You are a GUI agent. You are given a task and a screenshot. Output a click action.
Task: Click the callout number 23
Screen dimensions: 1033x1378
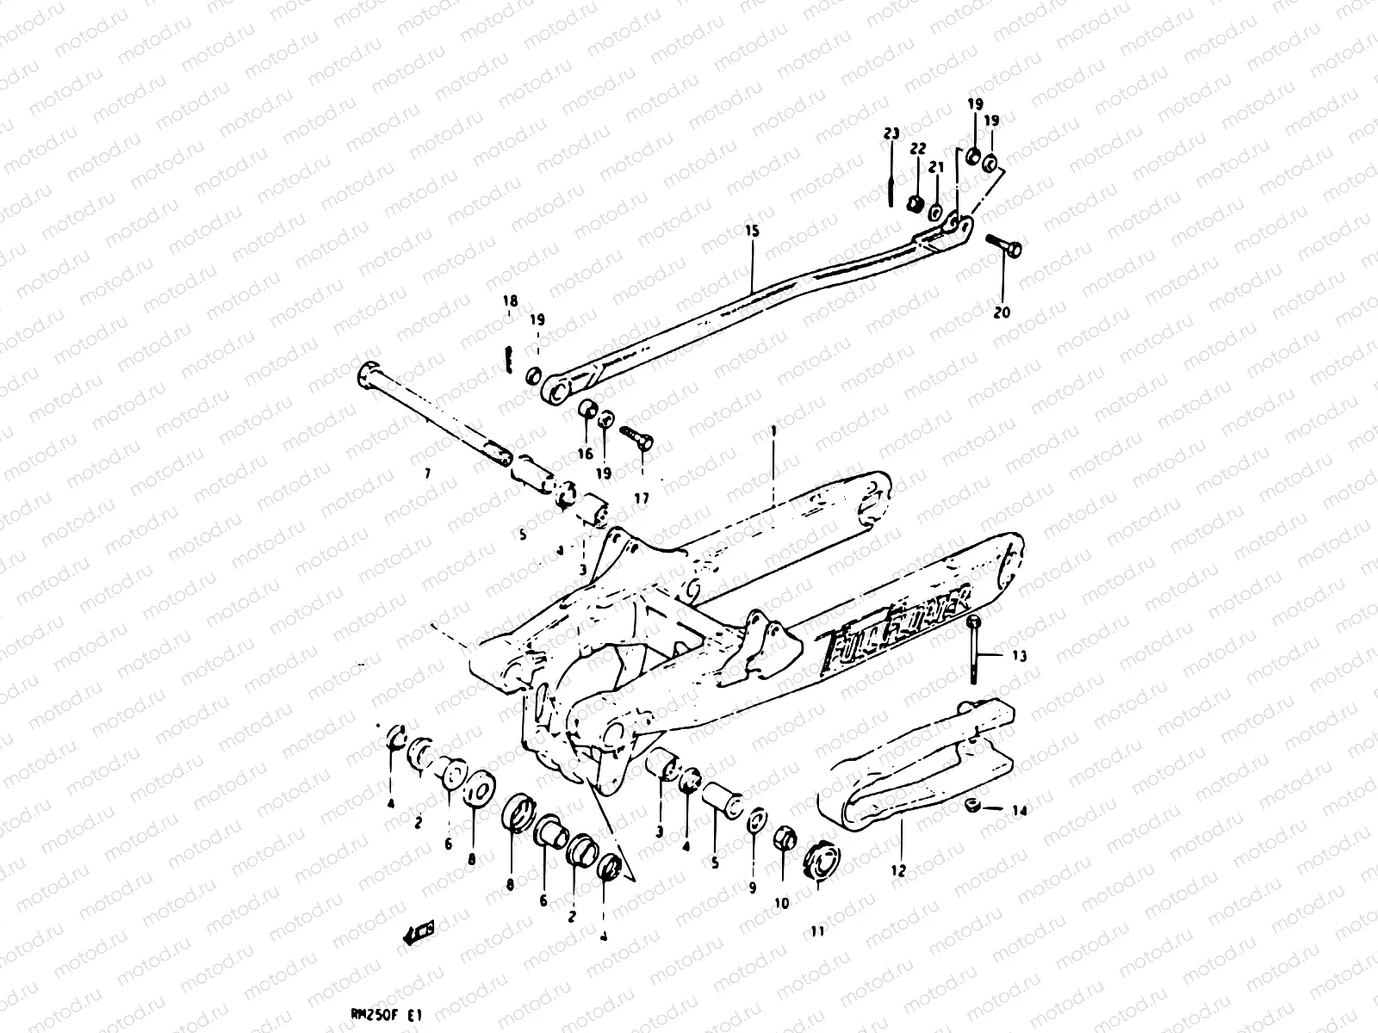[x=891, y=133]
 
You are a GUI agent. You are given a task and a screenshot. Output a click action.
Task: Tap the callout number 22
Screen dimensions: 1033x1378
[x=917, y=149]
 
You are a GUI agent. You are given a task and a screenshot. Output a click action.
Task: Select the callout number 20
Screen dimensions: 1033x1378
[x=1002, y=312]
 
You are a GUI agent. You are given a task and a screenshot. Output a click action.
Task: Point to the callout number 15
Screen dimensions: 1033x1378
[x=752, y=231]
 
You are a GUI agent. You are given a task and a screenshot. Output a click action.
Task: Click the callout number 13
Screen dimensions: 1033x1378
[x=1019, y=656]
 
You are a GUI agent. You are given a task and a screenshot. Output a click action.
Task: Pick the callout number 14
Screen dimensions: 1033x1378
[x=1019, y=810]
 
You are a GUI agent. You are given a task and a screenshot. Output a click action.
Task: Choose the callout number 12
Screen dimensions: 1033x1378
[x=898, y=870]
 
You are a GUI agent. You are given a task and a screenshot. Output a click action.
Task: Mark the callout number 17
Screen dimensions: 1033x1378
[x=642, y=498]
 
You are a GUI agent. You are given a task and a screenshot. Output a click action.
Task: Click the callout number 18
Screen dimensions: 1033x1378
[x=511, y=300]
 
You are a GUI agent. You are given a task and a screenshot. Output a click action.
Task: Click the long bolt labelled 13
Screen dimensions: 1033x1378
[x=974, y=650]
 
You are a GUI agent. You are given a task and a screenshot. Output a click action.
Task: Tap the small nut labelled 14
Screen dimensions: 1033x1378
[x=971, y=805]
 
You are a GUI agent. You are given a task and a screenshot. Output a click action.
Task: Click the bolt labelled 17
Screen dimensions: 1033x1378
[x=636, y=436]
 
